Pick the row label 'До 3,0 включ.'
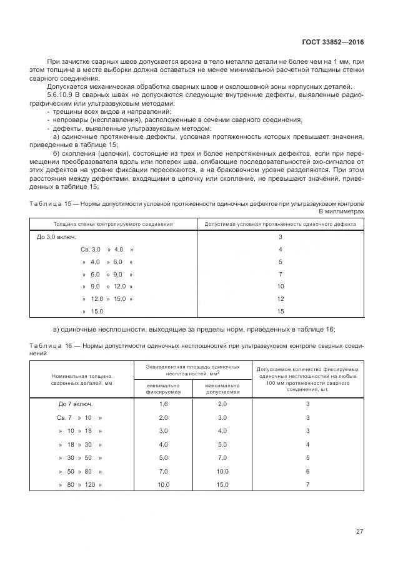click(x=57, y=237)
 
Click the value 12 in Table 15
click(x=281, y=299)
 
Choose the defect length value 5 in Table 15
click(x=281, y=262)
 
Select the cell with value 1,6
click(x=164, y=404)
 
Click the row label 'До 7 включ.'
click(x=76, y=404)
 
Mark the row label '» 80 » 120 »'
click(x=80, y=485)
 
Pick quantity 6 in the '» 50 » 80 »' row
click(x=307, y=471)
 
